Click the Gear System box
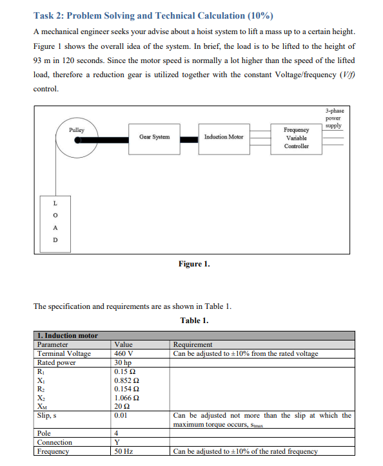point(154,137)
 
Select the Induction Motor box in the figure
point(224,137)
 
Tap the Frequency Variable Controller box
point(296,138)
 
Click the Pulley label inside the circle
point(77,130)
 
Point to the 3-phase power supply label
point(333,118)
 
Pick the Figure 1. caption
point(193,264)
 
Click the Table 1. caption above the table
point(194,320)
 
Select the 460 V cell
point(123,353)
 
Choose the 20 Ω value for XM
point(122,406)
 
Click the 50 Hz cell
point(123,452)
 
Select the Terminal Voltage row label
point(64,353)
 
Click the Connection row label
point(55,443)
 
